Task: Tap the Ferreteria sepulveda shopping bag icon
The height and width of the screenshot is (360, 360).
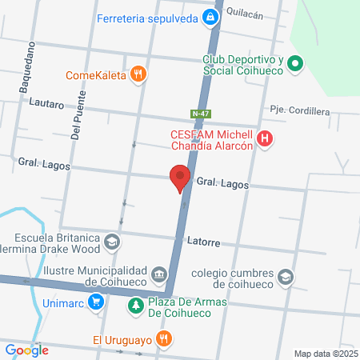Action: click(x=210, y=16)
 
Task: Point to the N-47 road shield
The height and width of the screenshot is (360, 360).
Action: click(x=200, y=113)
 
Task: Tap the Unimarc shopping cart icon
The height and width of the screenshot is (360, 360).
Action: click(x=96, y=302)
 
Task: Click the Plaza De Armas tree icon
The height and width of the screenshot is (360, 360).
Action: click(x=137, y=305)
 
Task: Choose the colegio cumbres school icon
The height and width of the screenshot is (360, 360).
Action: click(x=286, y=277)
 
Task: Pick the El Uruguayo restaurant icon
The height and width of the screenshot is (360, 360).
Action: click(x=164, y=339)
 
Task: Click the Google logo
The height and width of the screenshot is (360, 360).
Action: click(x=26, y=350)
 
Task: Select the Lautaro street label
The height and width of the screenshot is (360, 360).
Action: click(x=45, y=102)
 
